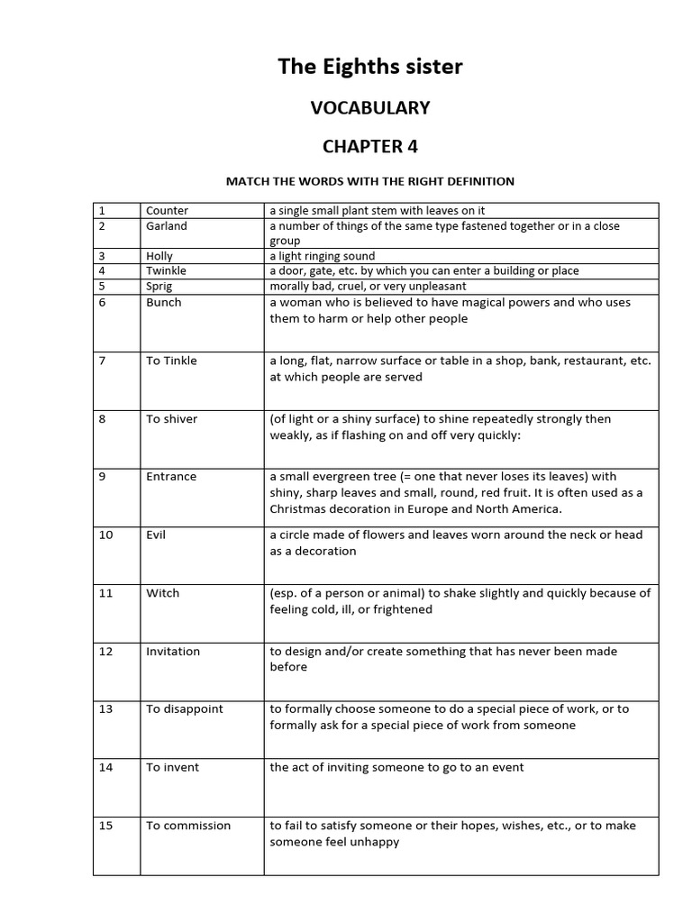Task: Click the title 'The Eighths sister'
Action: click(x=369, y=67)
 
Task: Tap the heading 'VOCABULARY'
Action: click(x=369, y=108)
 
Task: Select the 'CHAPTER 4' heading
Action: click(x=369, y=146)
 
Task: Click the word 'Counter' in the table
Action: click(x=168, y=210)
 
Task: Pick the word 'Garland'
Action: click(x=167, y=226)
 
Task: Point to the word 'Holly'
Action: click(x=159, y=256)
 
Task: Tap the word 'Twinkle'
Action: click(x=167, y=270)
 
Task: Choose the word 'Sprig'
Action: click(x=159, y=285)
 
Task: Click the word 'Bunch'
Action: click(x=164, y=302)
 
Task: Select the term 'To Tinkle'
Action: click(x=171, y=361)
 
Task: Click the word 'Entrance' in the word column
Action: click(x=171, y=476)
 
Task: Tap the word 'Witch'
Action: click(x=163, y=593)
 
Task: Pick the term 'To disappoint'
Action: click(x=185, y=708)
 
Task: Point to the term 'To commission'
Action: click(x=188, y=825)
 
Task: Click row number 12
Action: click(x=105, y=651)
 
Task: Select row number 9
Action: click(x=103, y=476)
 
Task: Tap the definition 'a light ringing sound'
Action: click(x=322, y=256)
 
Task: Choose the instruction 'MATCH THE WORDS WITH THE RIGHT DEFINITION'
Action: click(x=369, y=181)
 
